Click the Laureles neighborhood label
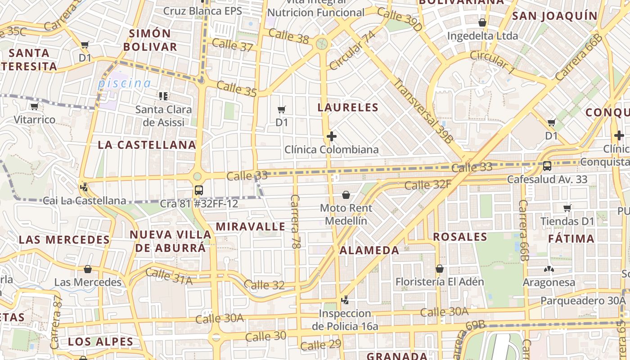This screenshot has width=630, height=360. click(x=348, y=108)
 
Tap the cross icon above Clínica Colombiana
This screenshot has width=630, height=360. click(x=332, y=136)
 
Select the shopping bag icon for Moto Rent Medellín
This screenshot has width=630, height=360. click(x=346, y=195)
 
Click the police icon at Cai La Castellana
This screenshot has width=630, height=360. click(x=83, y=186)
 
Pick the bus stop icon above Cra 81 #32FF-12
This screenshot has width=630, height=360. click(x=198, y=190)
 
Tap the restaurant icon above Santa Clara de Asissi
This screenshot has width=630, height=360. click(x=163, y=96)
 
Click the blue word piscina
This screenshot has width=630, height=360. click(x=125, y=83)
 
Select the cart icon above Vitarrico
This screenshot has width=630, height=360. click(x=34, y=107)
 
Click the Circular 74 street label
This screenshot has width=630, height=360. click(x=352, y=50)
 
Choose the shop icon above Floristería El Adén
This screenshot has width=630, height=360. click(x=440, y=269)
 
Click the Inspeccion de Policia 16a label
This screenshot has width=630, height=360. click(x=345, y=319)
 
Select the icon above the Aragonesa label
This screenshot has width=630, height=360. click(x=549, y=270)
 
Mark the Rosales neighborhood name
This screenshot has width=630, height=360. click(x=460, y=237)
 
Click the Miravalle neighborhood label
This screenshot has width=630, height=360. click(x=251, y=226)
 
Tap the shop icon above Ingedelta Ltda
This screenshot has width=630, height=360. click(x=482, y=22)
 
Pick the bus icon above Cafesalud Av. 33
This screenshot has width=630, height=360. click(x=547, y=166)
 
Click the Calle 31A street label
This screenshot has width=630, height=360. click(x=169, y=276)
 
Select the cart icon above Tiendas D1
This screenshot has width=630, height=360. click(x=567, y=208)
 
